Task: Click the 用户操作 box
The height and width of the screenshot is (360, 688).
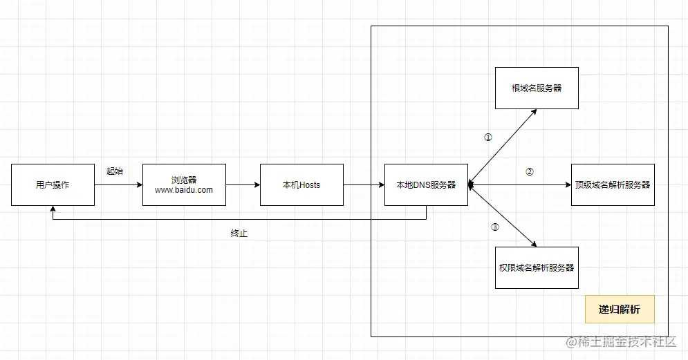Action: click(53, 184)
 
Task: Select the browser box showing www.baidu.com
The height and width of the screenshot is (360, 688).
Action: click(185, 184)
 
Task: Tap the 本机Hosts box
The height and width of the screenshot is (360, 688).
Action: click(302, 184)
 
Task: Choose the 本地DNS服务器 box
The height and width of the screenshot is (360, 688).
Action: click(426, 184)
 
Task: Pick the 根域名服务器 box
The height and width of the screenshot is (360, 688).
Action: click(537, 88)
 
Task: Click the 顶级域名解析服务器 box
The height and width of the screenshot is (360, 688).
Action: click(613, 184)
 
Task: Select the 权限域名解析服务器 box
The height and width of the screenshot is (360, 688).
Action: click(537, 267)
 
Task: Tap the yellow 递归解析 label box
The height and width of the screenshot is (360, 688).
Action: click(620, 309)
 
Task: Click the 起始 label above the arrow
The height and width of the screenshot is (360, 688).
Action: click(115, 171)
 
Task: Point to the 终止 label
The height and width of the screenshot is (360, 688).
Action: click(239, 234)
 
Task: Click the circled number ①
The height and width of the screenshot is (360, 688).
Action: click(488, 138)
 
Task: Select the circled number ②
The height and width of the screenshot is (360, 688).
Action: click(530, 172)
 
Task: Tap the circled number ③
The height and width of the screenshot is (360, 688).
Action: click(495, 227)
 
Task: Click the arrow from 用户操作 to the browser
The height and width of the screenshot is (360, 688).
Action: click(118, 185)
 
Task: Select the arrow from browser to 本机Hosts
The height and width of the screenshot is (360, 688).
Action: click(243, 185)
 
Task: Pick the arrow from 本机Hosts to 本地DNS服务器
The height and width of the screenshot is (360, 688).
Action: click(364, 185)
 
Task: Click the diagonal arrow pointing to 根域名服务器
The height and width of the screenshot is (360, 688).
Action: click(503, 147)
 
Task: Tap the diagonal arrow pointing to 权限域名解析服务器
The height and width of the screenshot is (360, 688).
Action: click(503, 216)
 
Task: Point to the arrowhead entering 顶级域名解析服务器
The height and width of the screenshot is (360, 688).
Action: click(568, 185)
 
